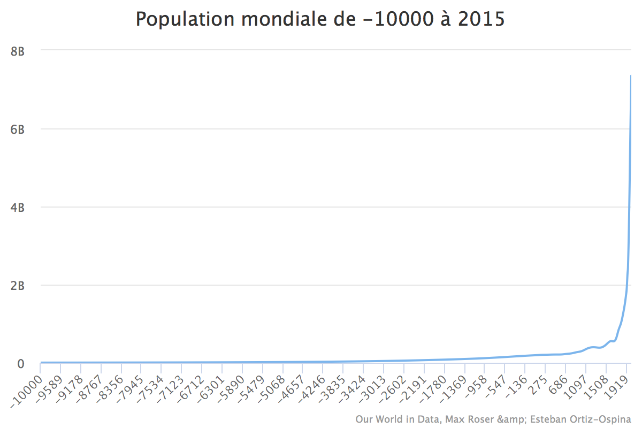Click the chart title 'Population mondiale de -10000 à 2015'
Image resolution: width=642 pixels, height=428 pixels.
(320, 19)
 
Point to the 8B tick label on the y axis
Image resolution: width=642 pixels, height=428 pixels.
(18, 51)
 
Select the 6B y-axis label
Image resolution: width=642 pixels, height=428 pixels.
(18, 129)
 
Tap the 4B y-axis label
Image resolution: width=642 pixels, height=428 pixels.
(18, 208)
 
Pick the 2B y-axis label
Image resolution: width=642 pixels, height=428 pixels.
(18, 286)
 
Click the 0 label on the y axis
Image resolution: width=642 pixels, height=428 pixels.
(21, 364)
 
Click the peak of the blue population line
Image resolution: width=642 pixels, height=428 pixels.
(631, 75)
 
